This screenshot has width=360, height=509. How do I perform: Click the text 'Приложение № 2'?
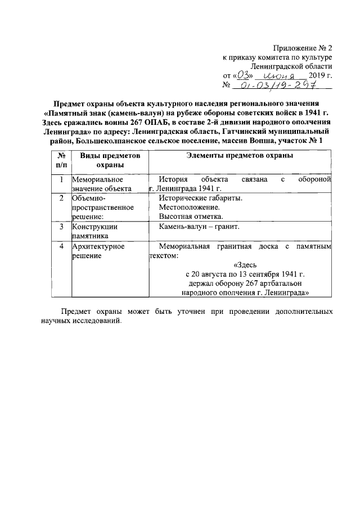[302, 47]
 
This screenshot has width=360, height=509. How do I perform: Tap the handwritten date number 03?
[242, 74]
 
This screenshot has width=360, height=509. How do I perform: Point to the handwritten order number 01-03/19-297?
[276, 85]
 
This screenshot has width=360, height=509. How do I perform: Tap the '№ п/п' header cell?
[61, 160]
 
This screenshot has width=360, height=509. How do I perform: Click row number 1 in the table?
[61, 179]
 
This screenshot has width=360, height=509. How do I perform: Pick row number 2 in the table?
[61, 198]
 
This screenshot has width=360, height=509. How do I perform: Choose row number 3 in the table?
[61, 227]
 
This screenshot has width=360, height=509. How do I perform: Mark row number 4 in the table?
[61, 246]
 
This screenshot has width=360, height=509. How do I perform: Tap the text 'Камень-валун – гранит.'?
[199, 227]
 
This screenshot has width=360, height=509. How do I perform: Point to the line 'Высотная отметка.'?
[191, 216]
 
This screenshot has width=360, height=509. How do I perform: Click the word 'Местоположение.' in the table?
[188, 207]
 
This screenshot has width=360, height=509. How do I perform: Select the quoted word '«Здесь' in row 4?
[245, 265]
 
